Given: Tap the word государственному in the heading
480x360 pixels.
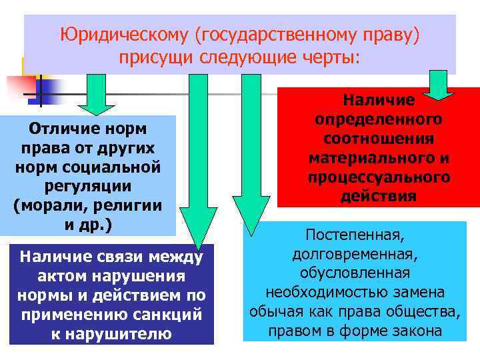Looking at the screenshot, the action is point(269,35).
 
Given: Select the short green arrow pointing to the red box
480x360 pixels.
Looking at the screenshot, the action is point(437,84).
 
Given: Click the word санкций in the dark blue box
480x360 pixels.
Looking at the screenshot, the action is point(170,314).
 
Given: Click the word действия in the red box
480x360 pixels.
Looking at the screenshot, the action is point(379,197).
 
